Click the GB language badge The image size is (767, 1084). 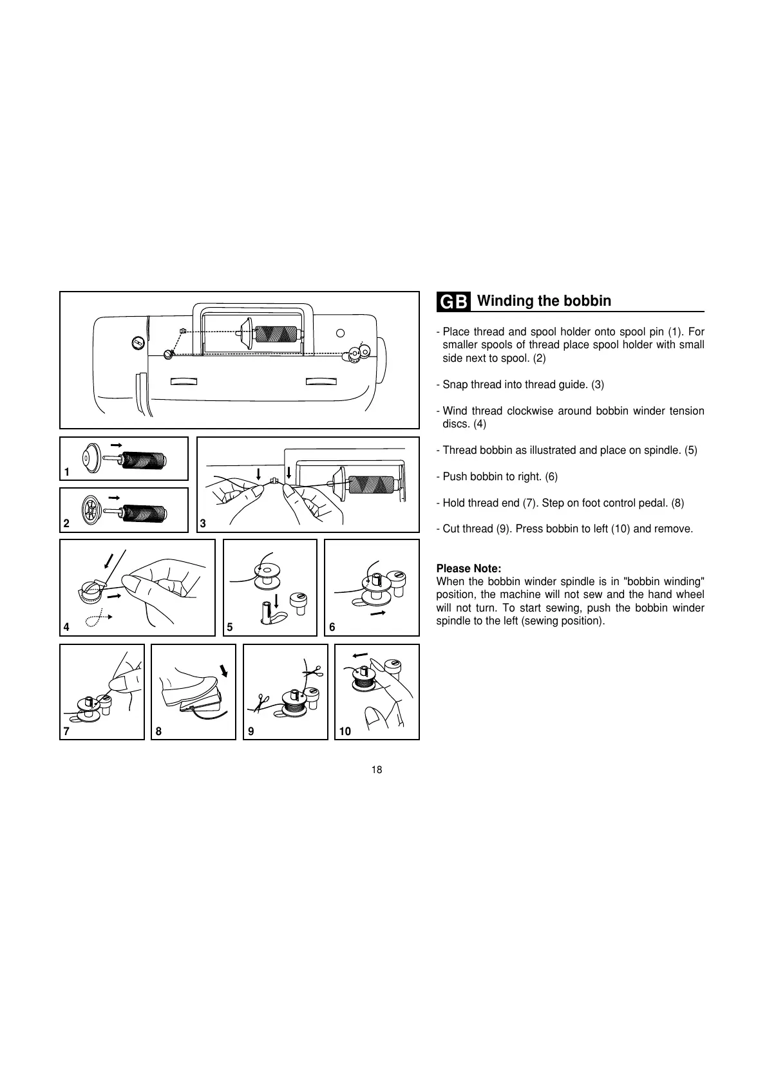tap(455, 301)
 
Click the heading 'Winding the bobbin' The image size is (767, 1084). tap(544, 301)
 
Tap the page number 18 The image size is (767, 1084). tap(377, 770)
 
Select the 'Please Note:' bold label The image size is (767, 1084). tap(468, 568)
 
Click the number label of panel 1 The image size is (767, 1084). tap(66, 472)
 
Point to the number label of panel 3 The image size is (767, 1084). tap(203, 524)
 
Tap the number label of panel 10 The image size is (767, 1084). tap(345, 731)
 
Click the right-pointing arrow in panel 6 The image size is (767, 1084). tap(379, 613)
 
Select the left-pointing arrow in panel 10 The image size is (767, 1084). tap(360, 655)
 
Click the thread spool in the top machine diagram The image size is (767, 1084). tap(277, 334)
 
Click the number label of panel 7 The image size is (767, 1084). tap(66, 731)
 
